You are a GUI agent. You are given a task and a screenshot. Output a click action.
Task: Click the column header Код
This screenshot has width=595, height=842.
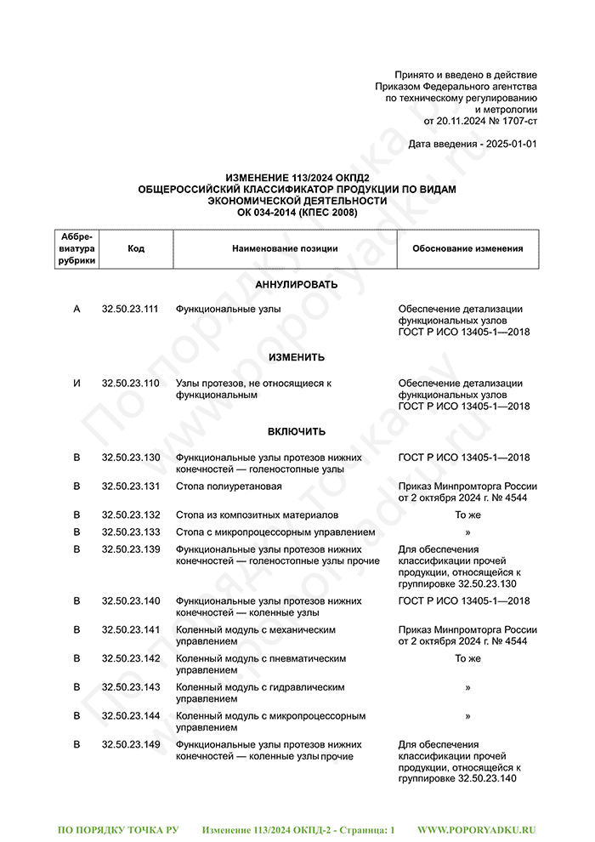point(136,248)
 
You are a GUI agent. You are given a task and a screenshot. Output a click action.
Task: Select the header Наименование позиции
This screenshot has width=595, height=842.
point(285,248)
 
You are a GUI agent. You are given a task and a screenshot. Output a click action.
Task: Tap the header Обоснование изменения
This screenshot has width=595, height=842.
point(467,248)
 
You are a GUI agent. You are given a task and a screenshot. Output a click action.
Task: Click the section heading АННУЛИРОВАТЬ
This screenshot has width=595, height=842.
point(297,284)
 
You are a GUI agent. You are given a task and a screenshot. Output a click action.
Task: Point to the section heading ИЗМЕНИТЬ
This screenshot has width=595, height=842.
point(297,357)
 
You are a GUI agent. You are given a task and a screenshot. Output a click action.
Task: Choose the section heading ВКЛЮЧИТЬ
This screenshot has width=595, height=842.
point(297,431)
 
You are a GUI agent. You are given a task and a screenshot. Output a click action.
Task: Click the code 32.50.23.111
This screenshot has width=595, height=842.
point(130,309)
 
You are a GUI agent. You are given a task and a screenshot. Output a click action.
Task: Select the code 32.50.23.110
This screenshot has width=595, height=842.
point(130,383)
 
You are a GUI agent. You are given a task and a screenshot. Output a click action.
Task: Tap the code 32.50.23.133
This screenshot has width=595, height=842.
point(130,532)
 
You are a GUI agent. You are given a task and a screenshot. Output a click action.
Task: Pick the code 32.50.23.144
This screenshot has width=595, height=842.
point(130,715)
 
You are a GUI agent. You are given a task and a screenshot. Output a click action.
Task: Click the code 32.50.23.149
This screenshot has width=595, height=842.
point(130,744)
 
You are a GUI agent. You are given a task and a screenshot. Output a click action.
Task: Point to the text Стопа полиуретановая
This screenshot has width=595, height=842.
point(229,486)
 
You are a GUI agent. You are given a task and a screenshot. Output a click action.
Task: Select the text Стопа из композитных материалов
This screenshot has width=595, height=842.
point(257,515)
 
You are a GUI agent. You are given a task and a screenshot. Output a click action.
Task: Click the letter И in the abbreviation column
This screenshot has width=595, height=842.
point(76,383)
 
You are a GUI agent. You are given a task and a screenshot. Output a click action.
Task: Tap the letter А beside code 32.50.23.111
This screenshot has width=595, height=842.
point(76,309)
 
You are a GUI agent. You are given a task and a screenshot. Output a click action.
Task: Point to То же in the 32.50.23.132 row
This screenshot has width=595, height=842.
point(467,515)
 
